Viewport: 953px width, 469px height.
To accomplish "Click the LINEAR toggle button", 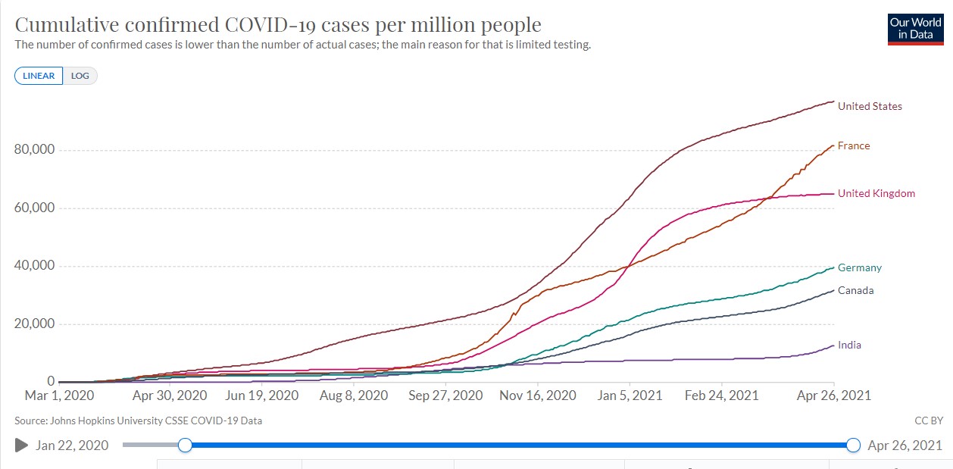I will (x=38, y=76).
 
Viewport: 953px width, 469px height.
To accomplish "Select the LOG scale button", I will (x=80, y=76).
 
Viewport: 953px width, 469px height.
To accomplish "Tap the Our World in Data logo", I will (x=915, y=29).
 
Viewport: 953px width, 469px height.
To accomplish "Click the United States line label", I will (x=870, y=106).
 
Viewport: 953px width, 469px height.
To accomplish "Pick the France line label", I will (x=854, y=145).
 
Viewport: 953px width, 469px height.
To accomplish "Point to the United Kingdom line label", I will (x=876, y=193).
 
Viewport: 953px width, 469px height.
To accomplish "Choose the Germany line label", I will (x=859, y=267).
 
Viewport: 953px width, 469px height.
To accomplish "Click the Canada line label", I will (x=855, y=290).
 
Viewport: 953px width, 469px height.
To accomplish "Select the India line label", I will (x=849, y=345).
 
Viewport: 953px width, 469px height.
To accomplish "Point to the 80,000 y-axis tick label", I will (x=34, y=150).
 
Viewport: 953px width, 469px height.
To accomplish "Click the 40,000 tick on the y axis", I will (x=34, y=266).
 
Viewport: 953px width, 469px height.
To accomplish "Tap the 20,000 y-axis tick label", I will (x=34, y=324).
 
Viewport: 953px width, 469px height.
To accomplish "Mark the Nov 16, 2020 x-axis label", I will (x=539, y=396).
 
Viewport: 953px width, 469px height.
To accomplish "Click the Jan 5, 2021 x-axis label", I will (x=630, y=396).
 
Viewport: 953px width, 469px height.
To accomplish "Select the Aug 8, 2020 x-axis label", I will (x=355, y=396).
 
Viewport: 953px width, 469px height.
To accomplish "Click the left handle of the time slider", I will (x=185, y=446).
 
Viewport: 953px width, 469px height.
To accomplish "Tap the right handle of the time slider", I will (x=854, y=446).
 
